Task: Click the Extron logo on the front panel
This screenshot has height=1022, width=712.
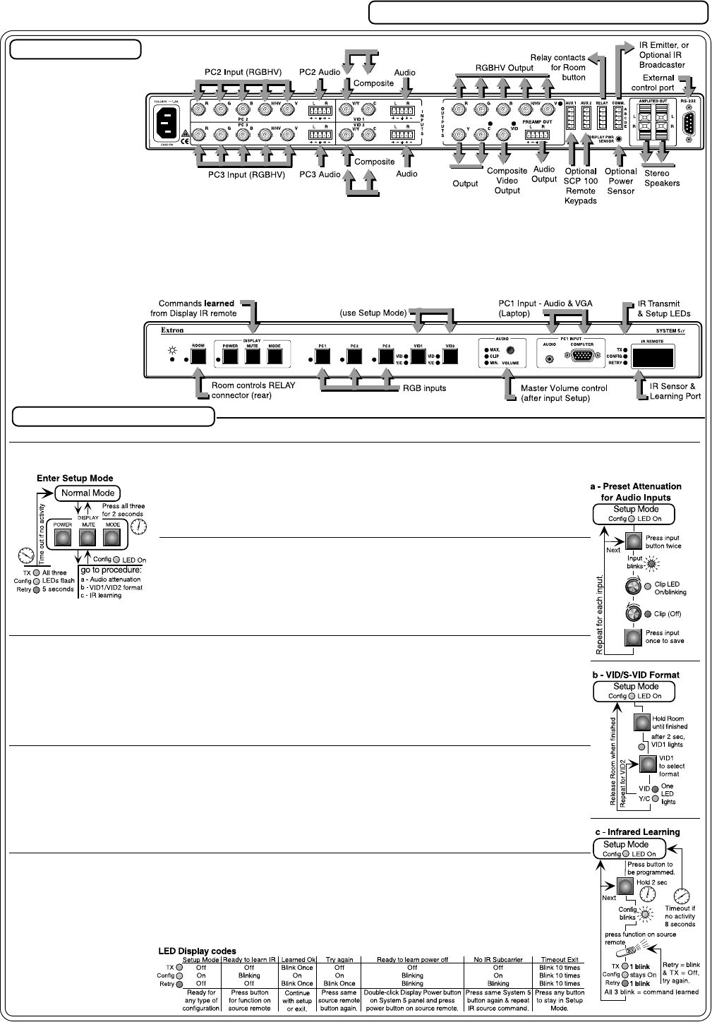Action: [x=172, y=330]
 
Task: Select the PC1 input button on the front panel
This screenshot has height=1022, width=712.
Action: [x=322, y=356]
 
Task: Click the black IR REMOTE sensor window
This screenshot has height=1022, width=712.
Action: [x=652, y=356]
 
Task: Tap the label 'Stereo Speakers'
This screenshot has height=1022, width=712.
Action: [x=662, y=178]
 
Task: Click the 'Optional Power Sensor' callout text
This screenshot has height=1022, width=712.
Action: [x=620, y=181]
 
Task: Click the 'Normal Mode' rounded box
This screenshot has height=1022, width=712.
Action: [x=88, y=493]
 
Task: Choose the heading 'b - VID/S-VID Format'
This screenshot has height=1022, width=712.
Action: [x=635, y=675]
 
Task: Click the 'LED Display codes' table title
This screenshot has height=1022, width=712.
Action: [x=197, y=951]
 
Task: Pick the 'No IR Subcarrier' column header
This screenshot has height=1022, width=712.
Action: [x=497, y=960]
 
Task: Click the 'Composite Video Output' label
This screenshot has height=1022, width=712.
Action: [x=507, y=180]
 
